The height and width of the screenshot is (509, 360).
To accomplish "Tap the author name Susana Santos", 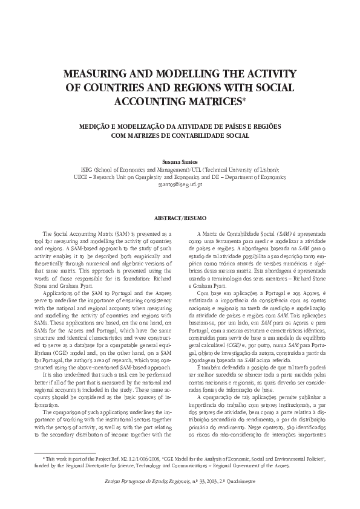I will click(x=180, y=163).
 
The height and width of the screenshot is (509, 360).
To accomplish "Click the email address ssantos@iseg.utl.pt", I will click(x=180, y=184).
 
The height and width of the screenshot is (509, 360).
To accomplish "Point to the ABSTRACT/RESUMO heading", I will click(x=180, y=216).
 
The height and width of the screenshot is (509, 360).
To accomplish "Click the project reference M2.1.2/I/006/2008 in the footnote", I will click(x=131, y=459).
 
